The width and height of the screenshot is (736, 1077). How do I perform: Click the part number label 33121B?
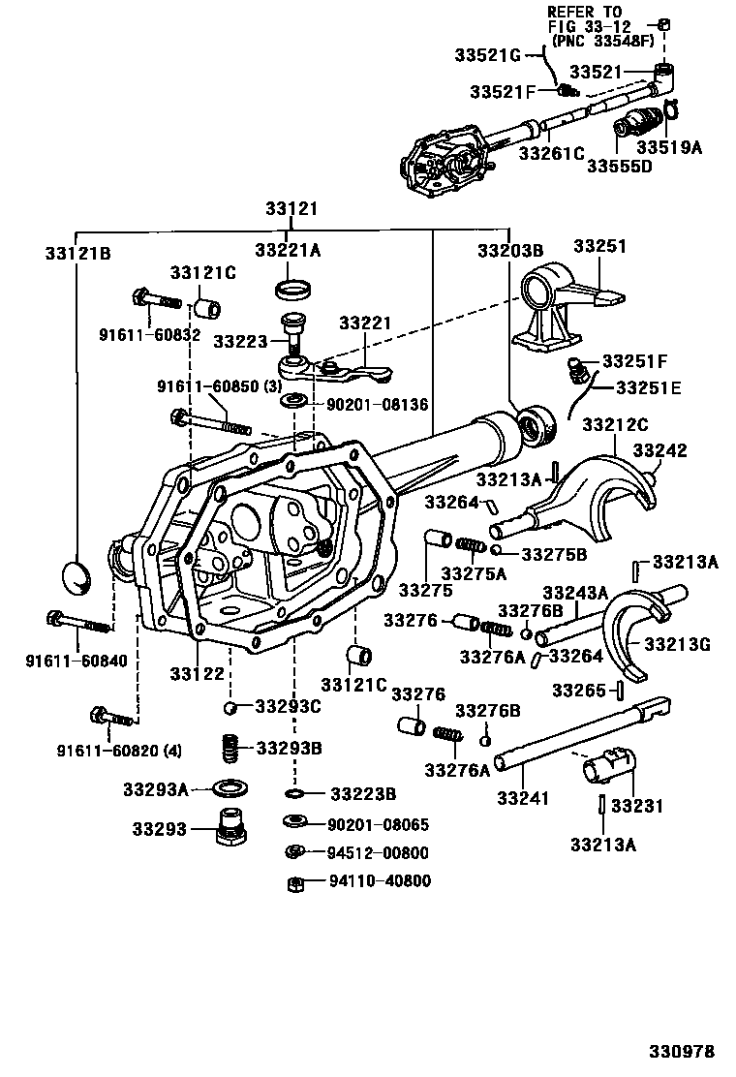[x=77, y=254]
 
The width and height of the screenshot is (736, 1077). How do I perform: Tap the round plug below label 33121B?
[x=78, y=577]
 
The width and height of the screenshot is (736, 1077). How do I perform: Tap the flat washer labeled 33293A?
[x=228, y=785]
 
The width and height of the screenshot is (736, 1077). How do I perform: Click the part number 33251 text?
[x=600, y=246]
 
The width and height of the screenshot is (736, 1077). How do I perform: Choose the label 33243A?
[x=575, y=592]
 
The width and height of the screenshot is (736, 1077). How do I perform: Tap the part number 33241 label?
[x=523, y=798]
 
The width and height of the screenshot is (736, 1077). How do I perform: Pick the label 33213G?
[x=677, y=644]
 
